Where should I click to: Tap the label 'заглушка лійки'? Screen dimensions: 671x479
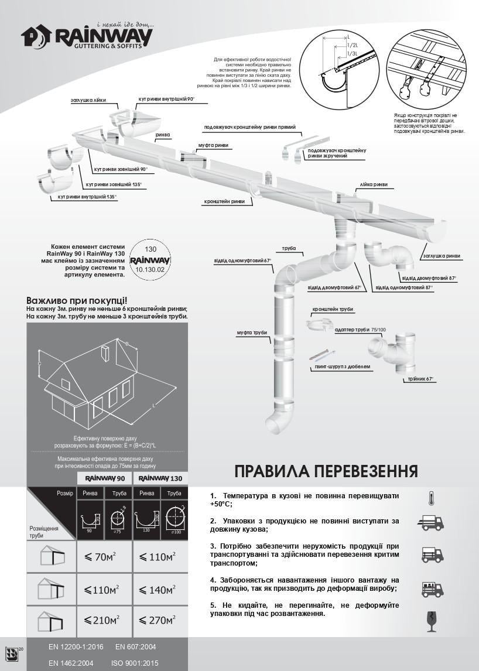[88, 100]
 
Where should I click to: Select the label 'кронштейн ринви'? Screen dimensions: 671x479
[224, 201]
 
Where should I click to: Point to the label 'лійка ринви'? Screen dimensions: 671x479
[373, 185]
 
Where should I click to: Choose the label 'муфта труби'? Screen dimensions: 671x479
[252, 333]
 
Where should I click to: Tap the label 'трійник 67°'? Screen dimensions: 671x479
[421, 379]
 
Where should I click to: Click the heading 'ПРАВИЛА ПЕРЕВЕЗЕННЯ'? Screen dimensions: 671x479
[326, 471]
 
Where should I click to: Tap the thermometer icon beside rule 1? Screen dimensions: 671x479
[431, 498]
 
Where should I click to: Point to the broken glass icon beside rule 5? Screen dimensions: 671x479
[432, 620]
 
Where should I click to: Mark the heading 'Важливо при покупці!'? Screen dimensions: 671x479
[77, 300]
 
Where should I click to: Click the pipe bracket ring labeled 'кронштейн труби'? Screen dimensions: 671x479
[317, 324]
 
